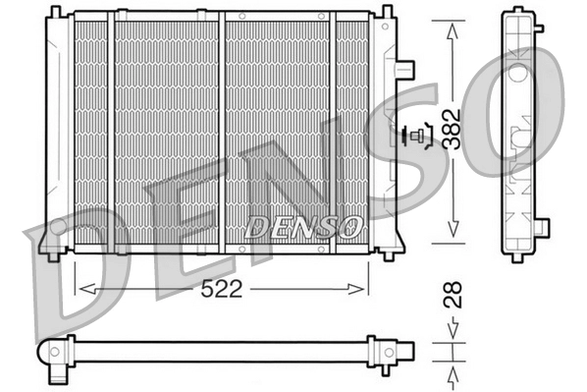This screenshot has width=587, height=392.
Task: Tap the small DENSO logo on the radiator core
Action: click(303, 227)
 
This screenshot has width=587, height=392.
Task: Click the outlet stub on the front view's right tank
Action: click(404, 70)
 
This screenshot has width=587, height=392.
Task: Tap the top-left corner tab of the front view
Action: click(54, 14)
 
